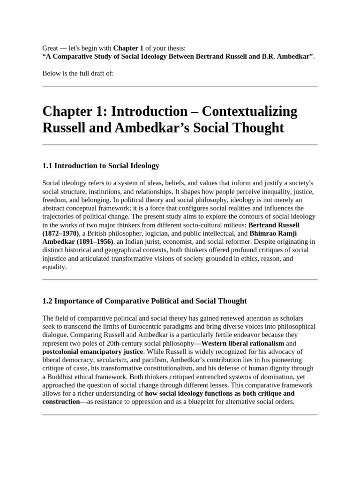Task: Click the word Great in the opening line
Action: click(x=51, y=48)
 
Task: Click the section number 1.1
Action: click(x=48, y=166)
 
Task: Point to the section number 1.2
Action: click(x=48, y=301)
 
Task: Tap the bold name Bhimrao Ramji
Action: click(x=273, y=233)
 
